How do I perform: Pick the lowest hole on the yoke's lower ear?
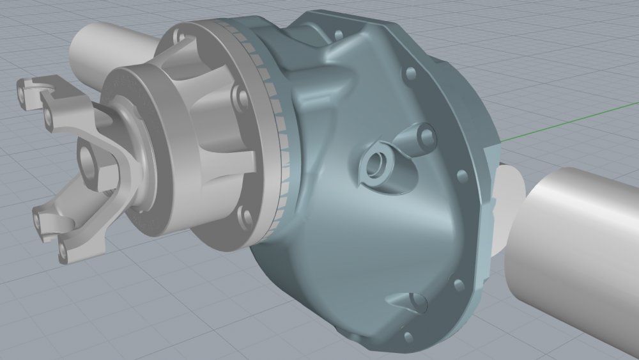[x=62, y=250]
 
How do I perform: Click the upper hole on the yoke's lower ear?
[x=40, y=221]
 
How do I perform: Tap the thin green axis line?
[x=562, y=121]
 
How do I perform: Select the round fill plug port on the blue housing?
[x=376, y=165]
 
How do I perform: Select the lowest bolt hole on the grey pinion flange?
[x=244, y=216]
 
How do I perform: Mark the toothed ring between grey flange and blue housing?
[x=275, y=128]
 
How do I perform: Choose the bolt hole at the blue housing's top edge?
[x=410, y=72]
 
